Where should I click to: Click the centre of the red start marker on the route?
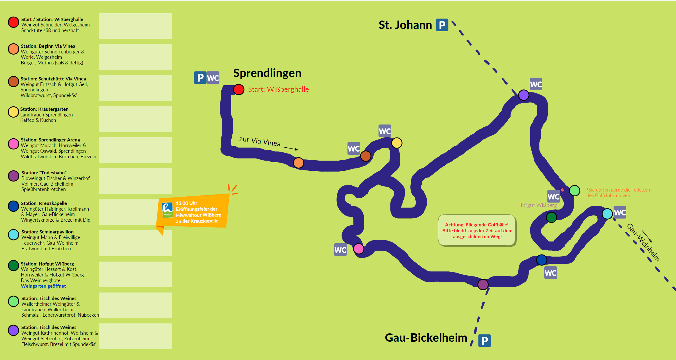[x=239, y=90]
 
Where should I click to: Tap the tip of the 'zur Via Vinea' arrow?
[x=298, y=150]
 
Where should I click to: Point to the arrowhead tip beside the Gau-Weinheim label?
[x=652, y=242]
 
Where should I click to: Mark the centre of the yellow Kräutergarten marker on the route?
[x=397, y=143]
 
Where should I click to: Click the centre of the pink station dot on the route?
[x=358, y=249]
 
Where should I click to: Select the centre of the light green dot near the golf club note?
[x=574, y=191]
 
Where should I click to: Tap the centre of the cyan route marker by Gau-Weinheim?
[x=607, y=214]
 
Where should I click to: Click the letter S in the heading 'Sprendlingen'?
[x=237, y=73]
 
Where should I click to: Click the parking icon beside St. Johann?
[x=442, y=25]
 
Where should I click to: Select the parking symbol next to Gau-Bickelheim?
[x=484, y=341]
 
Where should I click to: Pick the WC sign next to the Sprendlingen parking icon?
[x=213, y=78]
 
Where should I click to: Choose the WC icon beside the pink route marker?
[x=340, y=250]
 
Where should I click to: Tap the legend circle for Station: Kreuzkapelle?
[x=13, y=206]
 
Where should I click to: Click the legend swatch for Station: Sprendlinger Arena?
[x=13, y=144]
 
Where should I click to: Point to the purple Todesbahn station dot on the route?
[x=483, y=284]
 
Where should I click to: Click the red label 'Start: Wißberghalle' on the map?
[x=278, y=89]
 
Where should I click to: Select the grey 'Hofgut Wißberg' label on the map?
[x=537, y=205]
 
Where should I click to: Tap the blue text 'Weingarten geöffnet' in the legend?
[x=43, y=286]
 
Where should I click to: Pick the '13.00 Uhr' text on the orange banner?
[x=187, y=203]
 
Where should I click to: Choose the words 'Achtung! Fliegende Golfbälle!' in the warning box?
[x=477, y=225]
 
